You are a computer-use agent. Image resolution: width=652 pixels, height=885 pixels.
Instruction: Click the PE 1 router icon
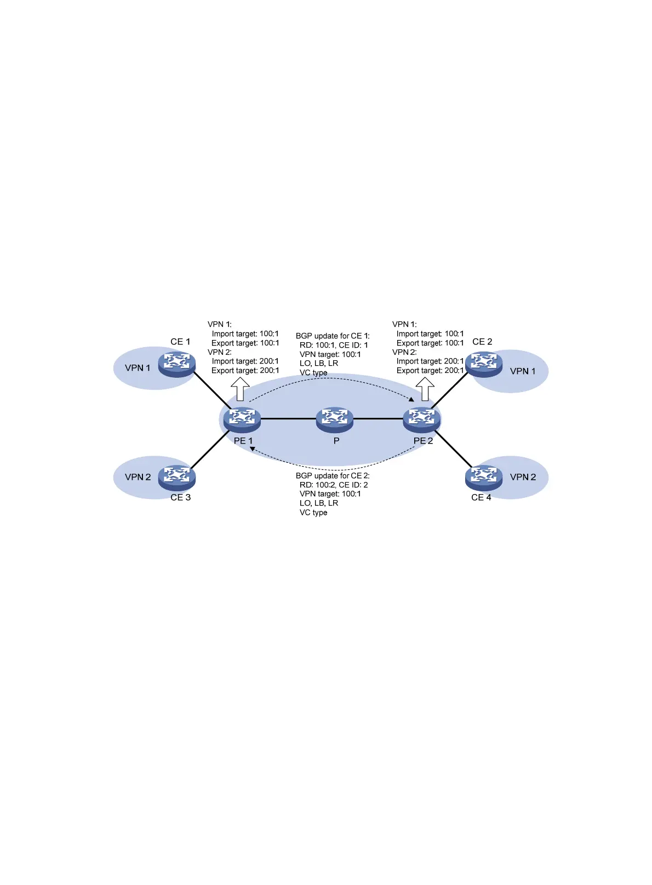(x=242, y=419)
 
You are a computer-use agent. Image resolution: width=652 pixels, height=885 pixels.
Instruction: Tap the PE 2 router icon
(x=421, y=419)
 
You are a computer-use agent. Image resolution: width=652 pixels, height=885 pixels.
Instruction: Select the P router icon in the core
(x=334, y=419)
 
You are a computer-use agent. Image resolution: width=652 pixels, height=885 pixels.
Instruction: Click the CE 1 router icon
(x=176, y=364)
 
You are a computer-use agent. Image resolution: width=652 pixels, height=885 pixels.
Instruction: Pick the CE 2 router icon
(x=483, y=364)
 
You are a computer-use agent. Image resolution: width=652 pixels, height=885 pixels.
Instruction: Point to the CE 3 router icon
(x=176, y=477)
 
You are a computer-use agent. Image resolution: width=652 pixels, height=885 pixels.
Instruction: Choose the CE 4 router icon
(x=483, y=477)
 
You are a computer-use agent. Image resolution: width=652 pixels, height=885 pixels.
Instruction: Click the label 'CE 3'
(x=180, y=497)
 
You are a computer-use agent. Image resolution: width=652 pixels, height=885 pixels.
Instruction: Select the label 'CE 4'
(x=481, y=497)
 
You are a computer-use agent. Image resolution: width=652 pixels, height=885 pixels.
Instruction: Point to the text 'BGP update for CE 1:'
(x=333, y=336)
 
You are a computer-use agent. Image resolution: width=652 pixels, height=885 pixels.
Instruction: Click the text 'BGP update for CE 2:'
(x=333, y=475)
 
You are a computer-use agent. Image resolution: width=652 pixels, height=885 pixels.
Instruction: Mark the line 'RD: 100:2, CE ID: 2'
(x=334, y=485)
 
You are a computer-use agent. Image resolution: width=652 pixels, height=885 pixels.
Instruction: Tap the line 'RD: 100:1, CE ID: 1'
(x=334, y=345)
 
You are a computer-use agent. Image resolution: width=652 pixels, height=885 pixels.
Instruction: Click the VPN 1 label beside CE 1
(x=138, y=368)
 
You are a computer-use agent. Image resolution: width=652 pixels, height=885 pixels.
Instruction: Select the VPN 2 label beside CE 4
(x=523, y=477)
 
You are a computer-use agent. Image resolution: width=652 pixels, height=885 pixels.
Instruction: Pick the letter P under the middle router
(x=336, y=440)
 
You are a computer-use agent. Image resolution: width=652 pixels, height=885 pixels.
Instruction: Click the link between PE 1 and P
(x=288, y=419)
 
